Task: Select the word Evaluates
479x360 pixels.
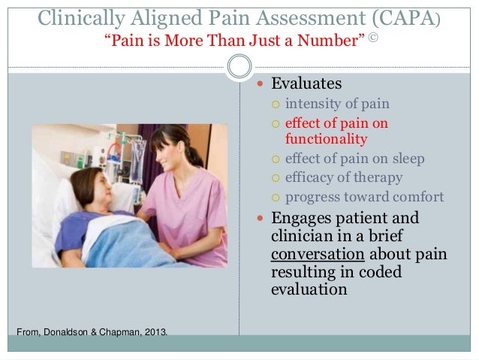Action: click(306, 83)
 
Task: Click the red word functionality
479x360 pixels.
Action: click(326, 139)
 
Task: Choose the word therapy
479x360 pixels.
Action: click(379, 178)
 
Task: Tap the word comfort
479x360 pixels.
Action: click(417, 198)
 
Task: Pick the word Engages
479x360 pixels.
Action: click(301, 219)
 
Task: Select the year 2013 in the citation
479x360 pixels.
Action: click(154, 329)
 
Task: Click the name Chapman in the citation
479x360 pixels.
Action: click(125, 329)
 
